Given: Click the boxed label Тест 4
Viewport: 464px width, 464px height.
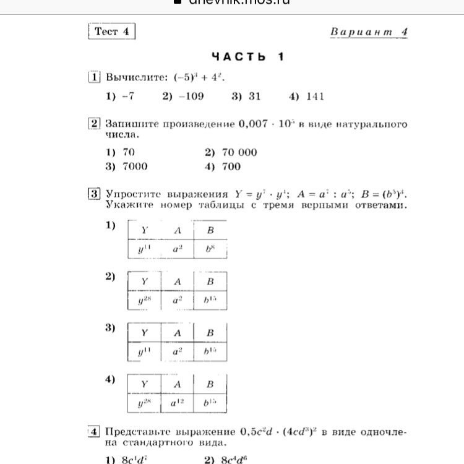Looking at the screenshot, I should pos(111,32).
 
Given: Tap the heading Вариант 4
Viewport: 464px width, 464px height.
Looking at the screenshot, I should pos(369,32).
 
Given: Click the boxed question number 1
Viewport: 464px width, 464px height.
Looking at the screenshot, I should pos(94,78).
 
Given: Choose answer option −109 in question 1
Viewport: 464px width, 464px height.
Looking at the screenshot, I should pos(183,97).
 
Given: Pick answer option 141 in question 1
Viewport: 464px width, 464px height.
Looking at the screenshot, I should pos(306,97).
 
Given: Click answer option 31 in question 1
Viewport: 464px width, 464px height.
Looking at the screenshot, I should pos(246,97).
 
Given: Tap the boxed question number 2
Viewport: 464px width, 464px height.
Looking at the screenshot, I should pos(94,124).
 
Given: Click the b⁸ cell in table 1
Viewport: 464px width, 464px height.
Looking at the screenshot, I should pos(210,250).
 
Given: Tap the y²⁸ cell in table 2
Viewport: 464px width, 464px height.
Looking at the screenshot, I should pos(144,301).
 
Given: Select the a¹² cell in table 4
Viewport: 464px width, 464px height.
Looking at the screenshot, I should pos(178,403).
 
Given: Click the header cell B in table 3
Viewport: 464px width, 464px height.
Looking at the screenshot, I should pos(210,333).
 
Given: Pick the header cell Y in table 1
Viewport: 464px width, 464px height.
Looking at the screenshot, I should pos(144,231).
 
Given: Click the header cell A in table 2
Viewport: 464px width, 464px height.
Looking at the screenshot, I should pos(178,282).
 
